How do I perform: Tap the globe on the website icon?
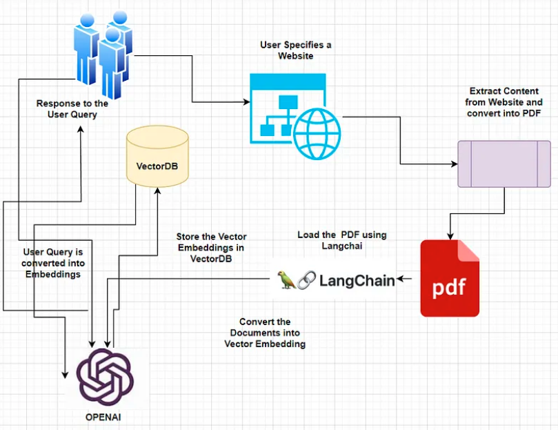coord(317,133)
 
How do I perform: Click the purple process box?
coord(504,164)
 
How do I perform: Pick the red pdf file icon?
coord(450,278)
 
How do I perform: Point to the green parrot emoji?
coord(285,280)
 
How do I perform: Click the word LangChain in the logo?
coord(357,280)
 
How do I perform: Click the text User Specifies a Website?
coord(295,50)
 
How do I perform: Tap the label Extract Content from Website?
coord(504,102)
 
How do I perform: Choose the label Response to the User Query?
coord(72,109)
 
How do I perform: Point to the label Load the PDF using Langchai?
coord(341,240)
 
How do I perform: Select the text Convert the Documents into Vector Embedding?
coord(265,333)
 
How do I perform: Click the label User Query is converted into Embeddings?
coord(52,263)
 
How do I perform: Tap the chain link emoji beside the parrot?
coord(306,280)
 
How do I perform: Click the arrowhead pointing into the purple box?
coord(455,164)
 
